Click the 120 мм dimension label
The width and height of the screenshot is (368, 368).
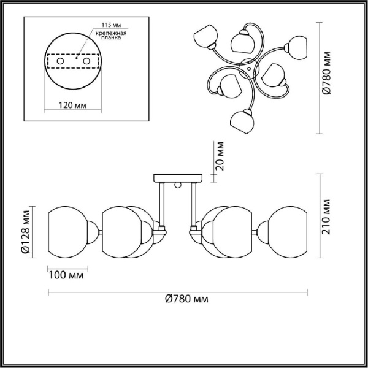coord(71,105)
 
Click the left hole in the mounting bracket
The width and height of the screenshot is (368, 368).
coord(60,61)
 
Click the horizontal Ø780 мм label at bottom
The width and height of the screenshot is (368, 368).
coord(186,299)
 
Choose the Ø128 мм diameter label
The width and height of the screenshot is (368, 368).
coord(25,233)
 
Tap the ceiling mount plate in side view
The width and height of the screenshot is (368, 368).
coord(178,177)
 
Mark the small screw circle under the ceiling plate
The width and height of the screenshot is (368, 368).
coord(178,185)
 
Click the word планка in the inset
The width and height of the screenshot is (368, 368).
coord(105,38)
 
